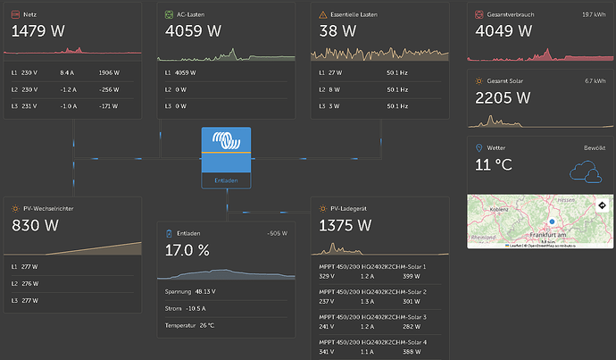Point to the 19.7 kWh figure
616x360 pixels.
(x=593, y=14)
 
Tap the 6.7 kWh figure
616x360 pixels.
(x=595, y=80)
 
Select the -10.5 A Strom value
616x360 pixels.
(x=208, y=308)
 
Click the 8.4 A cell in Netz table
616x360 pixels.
(x=67, y=71)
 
